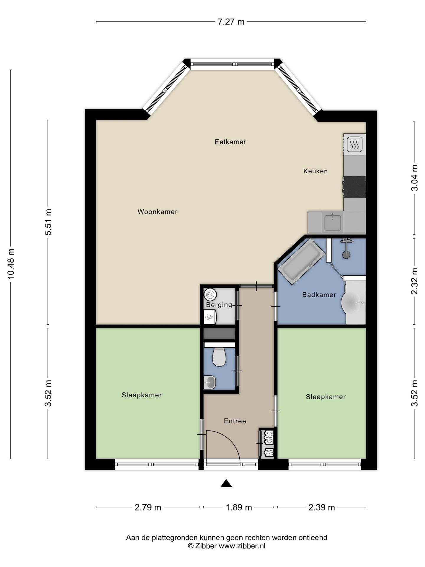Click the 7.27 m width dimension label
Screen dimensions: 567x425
point(231,22)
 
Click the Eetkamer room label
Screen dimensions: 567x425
point(230,142)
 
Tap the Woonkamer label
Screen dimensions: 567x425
point(157,212)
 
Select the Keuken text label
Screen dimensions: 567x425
point(316,171)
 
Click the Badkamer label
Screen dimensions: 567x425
point(319,295)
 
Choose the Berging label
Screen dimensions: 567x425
point(219,305)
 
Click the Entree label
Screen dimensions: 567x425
point(235,421)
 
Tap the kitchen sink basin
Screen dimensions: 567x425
point(333,223)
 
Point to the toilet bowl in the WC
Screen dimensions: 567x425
point(219,358)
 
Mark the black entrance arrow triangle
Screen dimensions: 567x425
point(226,483)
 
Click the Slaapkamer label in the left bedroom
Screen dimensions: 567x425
point(142,395)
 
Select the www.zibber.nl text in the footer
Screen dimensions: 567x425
point(242,546)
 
